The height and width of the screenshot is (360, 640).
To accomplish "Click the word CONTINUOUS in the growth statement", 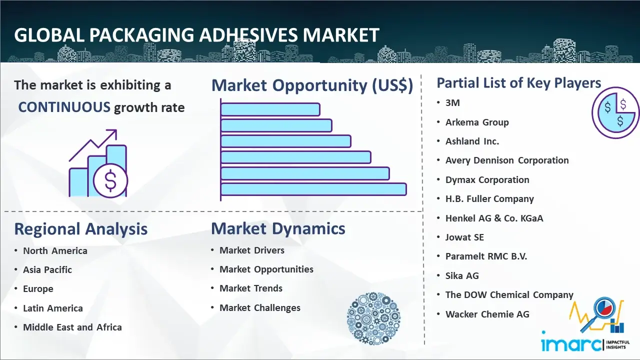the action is pyautogui.click(x=64, y=107).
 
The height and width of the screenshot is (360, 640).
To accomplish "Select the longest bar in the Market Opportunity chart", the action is pyautogui.click(x=313, y=189).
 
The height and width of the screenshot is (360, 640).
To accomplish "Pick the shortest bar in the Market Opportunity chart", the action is pyautogui.click(x=270, y=109).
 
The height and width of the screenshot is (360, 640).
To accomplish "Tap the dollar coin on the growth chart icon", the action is pyautogui.click(x=110, y=181).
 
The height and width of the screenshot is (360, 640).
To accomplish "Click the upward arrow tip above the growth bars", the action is pyautogui.click(x=115, y=131).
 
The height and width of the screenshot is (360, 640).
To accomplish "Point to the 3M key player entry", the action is pyautogui.click(x=452, y=103).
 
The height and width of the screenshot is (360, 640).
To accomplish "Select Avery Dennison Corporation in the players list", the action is pyautogui.click(x=507, y=160).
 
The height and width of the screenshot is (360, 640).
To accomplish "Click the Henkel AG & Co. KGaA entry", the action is pyautogui.click(x=494, y=218).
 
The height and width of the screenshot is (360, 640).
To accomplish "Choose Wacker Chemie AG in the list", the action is pyautogui.click(x=487, y=314).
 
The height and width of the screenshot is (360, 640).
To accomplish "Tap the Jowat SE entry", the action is pyautogui.click(x=465, y=237).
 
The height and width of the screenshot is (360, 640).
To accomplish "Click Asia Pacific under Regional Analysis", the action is pyautogui.click(x=47, y=269).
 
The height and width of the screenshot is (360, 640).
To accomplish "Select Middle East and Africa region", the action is pyautogui.click(x=72, y=327).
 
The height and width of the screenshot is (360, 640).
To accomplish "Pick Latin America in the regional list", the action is pyautogui.click(x=53, y=308).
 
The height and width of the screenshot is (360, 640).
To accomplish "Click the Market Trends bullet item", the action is pyautogui.click(x=251, y=288).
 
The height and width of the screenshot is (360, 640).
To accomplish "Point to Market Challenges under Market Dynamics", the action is pyautogui.click(x=260, y=307).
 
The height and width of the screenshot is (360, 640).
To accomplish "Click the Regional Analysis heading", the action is pyautogui.click(x=81, y=229).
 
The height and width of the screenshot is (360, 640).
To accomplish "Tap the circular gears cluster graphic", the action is pyautogui.click(x=373, y=318).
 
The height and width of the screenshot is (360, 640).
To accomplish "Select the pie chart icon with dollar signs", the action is pyautogui.click(x=615, y=112).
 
